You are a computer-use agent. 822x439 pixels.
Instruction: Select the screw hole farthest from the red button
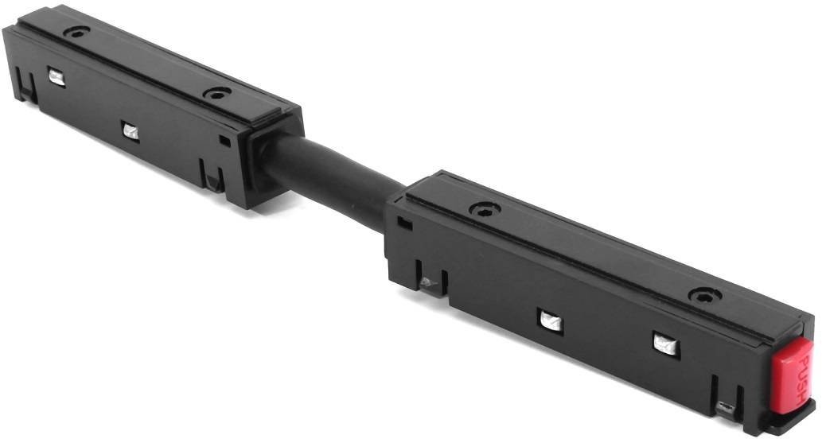[76, 32]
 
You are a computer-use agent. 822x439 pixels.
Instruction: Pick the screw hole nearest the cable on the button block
[484, 209]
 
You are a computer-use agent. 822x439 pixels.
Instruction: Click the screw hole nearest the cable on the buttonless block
[217, 94]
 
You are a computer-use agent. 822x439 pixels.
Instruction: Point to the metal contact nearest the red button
[666, 345]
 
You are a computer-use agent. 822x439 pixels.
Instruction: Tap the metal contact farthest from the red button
[56, 77]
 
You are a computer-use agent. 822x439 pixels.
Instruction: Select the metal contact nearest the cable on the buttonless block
[131, 131]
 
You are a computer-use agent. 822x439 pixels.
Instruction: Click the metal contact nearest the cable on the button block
[551, 321]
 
